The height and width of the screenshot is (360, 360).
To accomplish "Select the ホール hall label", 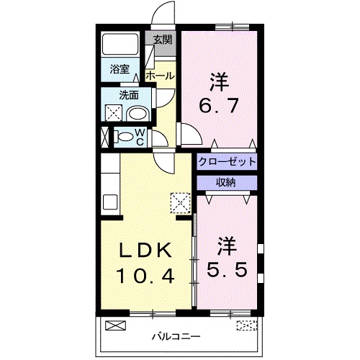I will (x=159, y=75).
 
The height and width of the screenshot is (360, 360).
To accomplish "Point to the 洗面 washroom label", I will (x=128, y=94).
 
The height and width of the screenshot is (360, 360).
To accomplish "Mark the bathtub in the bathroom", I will (x=122, y=45).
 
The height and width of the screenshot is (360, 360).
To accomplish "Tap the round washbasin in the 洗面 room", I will (x=137, y=112).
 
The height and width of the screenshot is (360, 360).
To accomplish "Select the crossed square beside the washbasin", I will (x=113, y=112).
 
